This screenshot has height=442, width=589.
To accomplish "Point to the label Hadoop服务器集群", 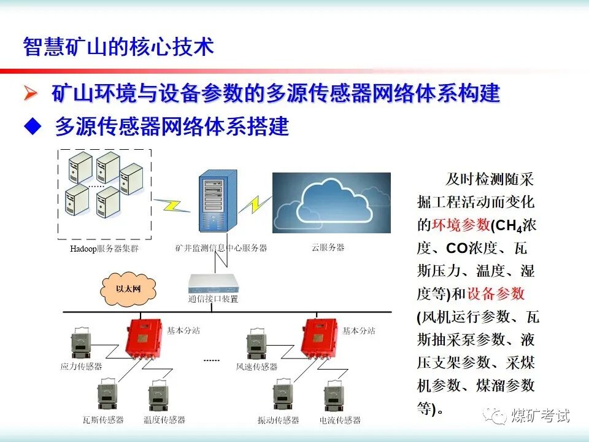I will point(104,248).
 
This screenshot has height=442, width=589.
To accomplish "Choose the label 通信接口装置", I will point(213,300).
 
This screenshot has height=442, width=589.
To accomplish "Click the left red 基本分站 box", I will point(142,338).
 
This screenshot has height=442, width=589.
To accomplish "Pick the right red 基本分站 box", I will point(318,338).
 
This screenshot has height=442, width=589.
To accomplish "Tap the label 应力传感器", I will point(81,367).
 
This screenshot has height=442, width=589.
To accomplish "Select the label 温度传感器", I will point(164,420).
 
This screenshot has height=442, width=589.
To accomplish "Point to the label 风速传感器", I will point(256,367).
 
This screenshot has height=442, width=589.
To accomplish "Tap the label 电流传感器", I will point(339,420).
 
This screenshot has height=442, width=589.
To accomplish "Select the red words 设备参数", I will point(496,293).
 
